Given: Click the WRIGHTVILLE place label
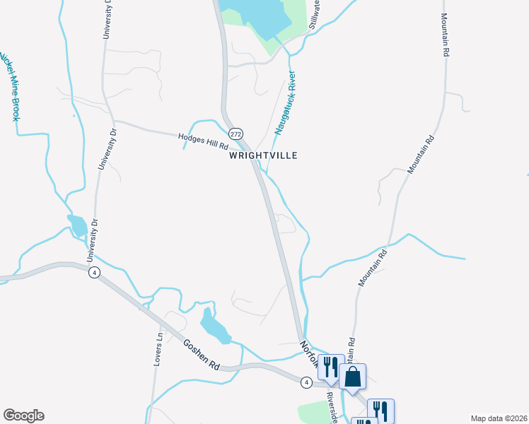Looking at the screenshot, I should (262, 155).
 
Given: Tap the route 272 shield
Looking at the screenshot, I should (236, 134).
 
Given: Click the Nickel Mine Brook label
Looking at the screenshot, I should (8, 85).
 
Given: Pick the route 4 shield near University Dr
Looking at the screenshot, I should (94, 273).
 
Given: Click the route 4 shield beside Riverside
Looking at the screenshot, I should (306, 382).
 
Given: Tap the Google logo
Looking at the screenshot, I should (23, 416).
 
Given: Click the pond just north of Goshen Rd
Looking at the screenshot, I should (214, 326).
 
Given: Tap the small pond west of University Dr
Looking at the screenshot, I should (79, 226).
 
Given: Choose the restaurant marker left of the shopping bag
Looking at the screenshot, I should (330, 367).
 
